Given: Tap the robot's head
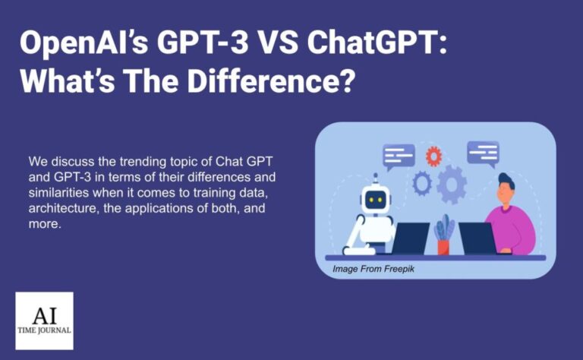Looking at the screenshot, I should click(374, 199).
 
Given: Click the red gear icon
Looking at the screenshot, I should click(433, 156).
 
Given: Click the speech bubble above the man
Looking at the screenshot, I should click(483, 152).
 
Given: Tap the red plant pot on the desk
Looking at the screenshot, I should click(443, 246).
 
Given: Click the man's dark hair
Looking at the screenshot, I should click(506, 182).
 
